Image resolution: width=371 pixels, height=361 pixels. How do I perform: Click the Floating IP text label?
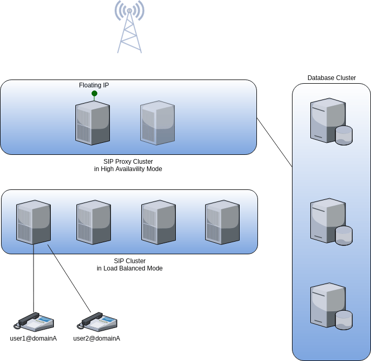[x=94, y=85]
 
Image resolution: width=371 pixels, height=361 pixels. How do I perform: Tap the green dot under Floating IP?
[x=94, y=94]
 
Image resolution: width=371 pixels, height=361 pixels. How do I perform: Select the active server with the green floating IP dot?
[x=93, y=123]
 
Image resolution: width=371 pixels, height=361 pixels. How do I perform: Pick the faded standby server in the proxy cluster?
[x=158, y=123]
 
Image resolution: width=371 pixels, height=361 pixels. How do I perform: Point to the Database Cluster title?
[x=331, y=78]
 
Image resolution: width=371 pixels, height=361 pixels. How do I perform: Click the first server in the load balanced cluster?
[x=34, y=222]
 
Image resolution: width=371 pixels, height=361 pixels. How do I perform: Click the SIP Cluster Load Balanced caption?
[x=129, y=264]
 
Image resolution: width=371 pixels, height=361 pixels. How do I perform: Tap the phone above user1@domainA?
[x=34, y=321]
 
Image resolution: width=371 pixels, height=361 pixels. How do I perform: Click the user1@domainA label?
[x=33, y=339]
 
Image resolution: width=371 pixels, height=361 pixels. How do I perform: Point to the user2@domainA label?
[x=96, y=339]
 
